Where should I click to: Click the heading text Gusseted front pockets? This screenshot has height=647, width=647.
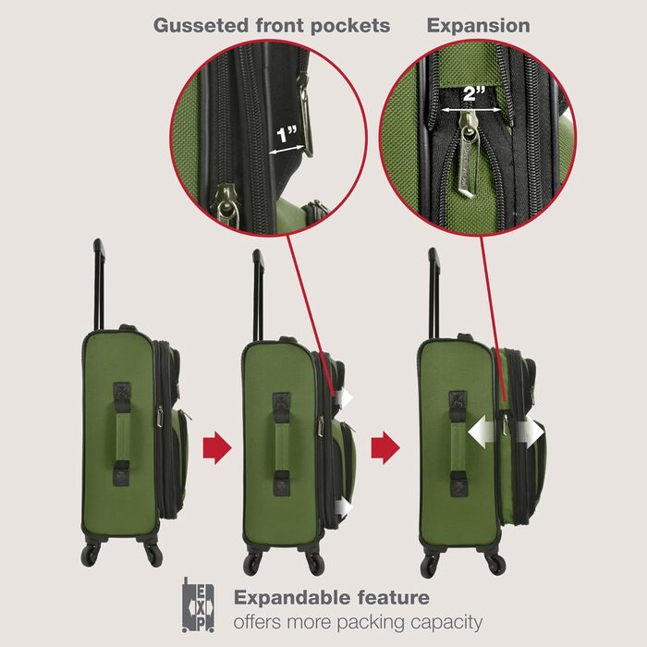coord(272,25)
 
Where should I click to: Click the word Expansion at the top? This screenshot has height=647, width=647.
coord(478,25)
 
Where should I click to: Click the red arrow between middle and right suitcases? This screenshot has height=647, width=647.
coord(385,448)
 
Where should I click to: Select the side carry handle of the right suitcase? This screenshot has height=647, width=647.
coord(458,439)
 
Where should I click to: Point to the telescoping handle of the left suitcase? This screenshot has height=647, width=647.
coord(99,282)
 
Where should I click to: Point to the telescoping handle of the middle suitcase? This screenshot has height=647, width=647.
coord(259,291)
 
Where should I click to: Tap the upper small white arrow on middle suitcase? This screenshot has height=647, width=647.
coord(346,397)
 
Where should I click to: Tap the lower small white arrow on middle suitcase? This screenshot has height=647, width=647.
coord(346,506)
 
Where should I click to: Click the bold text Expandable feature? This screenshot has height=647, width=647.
coord(331,597)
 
